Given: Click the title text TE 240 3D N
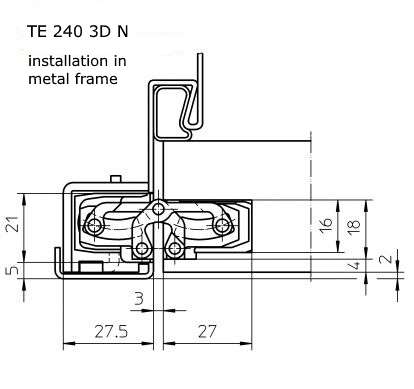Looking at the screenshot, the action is (x=77, y=32).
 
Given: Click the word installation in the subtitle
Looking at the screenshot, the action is (x=68, y=61).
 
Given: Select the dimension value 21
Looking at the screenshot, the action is (x=13, y=224).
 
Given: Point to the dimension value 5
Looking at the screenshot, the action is (x=13, y=269).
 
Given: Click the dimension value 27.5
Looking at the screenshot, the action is (x=111, y=332).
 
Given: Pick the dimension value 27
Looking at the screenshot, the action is (x=207, y=332).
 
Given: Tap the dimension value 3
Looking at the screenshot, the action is (x=139, y=298).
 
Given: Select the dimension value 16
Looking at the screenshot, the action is (x=326, y=226).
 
